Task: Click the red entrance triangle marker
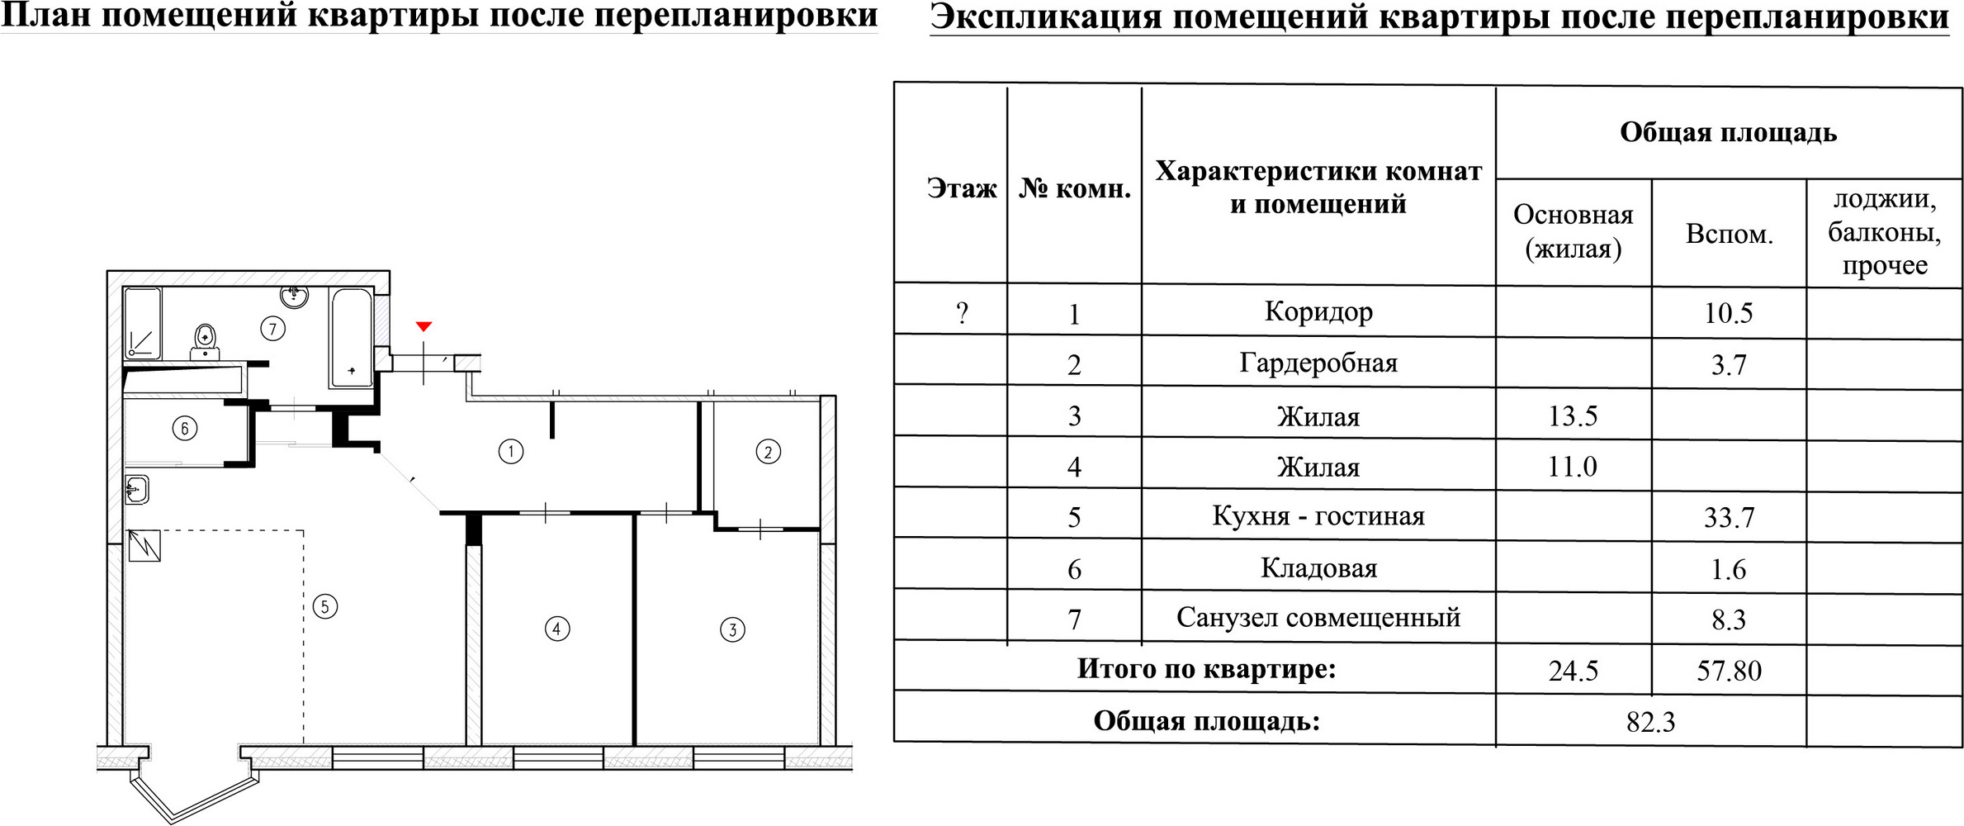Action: [424, 327]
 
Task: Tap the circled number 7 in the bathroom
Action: [272, 329]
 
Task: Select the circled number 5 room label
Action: [325, 607]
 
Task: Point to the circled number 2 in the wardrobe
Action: [768, 452]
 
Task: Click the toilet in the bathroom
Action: [206, 340]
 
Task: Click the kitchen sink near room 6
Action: [138, 489]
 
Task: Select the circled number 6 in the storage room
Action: [184, 428]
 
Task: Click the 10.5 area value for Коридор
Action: [1728, 313]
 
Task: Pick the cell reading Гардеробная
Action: [1318, 363]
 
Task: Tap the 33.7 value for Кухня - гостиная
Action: [1728, 517]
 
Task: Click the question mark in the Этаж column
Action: [962, 313]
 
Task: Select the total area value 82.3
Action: [1650, 722]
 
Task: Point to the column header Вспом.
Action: [1729, 235]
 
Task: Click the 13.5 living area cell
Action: [1573, 415]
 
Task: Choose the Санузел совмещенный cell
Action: [1318, 618]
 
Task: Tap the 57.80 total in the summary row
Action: [1729, 670]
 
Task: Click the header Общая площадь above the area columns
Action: [1728, 133]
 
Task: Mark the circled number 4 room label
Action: [557, 629]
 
